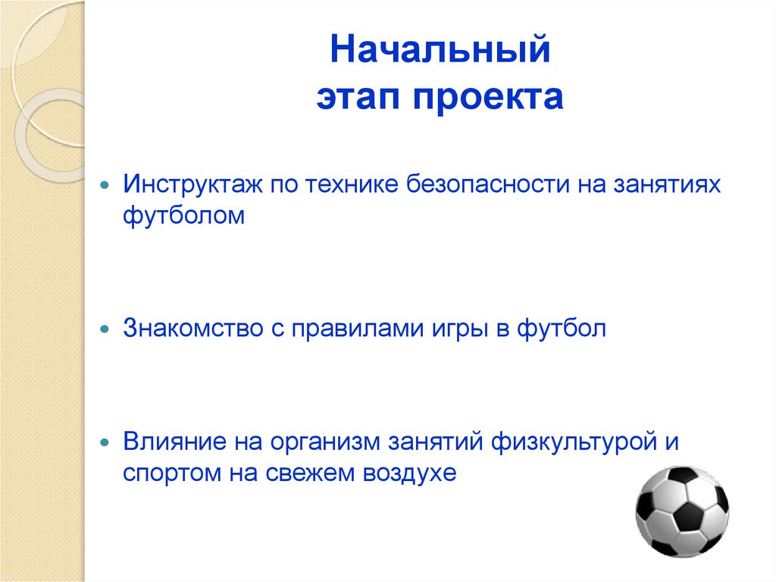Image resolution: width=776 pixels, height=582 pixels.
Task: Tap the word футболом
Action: [x=185, y=216]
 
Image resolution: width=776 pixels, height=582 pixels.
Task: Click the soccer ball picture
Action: [x=682, y=511]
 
